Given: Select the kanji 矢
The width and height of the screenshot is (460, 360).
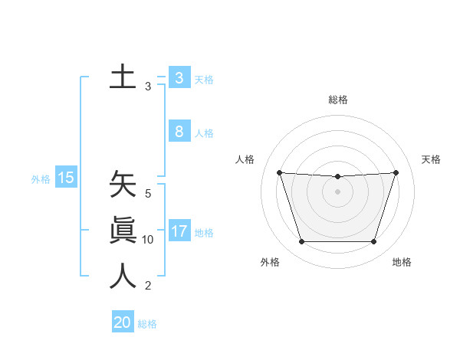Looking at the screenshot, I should tap(123, 185).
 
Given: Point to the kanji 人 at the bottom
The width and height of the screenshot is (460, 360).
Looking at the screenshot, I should tap(123, 276).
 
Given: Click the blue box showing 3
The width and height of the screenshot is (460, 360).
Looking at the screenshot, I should tap(179, 77).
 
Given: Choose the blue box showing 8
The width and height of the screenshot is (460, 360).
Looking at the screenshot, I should tap(179, 132).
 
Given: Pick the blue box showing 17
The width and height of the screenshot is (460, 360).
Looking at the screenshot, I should tap(179, 231).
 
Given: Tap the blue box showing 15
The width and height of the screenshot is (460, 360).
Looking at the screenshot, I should tap(66, 178).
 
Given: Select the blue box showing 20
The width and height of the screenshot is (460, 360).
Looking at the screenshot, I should tap(123, 322).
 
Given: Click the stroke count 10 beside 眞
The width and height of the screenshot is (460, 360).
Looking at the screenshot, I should tap(148, 240).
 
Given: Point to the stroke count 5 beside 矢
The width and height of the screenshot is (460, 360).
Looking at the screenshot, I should tap(148, 195).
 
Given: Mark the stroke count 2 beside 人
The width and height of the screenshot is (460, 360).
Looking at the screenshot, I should tap(148, 286).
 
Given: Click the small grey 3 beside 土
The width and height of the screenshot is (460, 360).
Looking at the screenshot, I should tap(148, 87).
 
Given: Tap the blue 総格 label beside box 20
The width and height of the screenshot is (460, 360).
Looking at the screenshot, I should tap(147, 324).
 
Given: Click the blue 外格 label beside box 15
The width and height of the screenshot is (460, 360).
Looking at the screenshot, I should tap(41, 179).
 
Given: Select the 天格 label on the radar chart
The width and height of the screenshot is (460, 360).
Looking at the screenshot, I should tap(431, 159).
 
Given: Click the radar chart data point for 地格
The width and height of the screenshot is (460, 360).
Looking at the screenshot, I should tap(373, 242).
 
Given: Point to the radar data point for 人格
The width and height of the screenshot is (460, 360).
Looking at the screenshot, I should tap(279, 172).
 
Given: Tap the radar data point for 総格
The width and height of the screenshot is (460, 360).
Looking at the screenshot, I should tap(337, 177).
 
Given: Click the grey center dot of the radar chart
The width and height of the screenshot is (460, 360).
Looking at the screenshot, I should tap(337, 191).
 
